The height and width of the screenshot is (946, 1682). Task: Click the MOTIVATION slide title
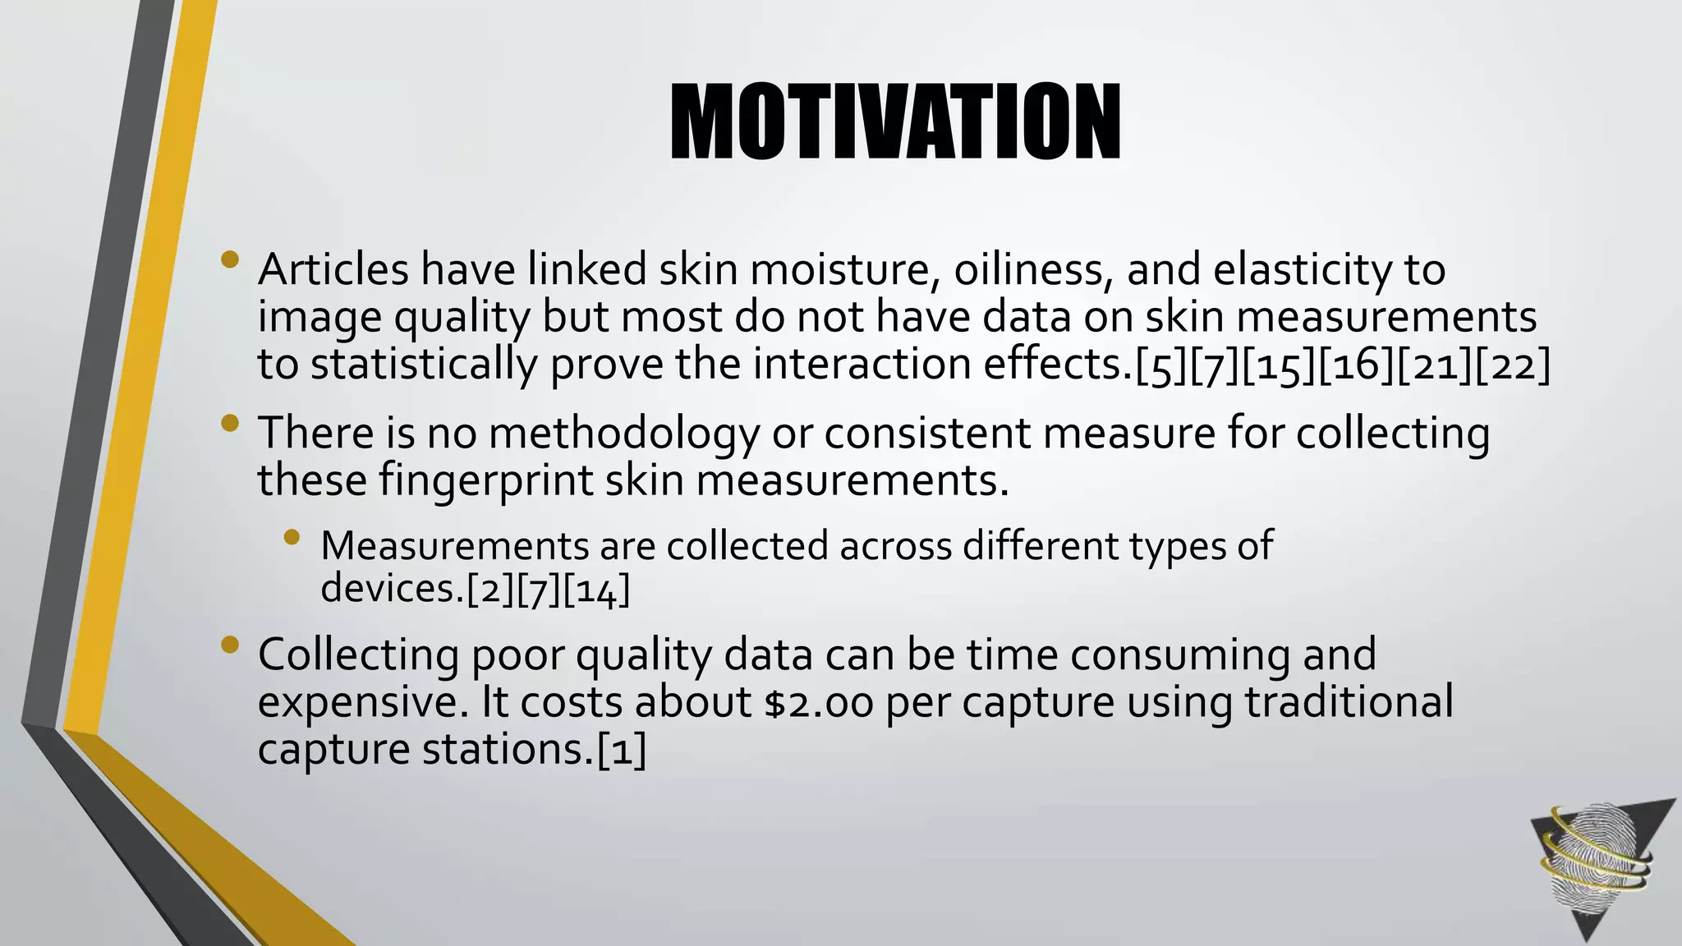click(895, 122)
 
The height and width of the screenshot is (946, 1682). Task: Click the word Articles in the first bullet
click(333, 269)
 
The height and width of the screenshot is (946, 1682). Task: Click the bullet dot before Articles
click(230, 260)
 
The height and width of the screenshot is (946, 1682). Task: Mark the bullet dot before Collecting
click(230, 645)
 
